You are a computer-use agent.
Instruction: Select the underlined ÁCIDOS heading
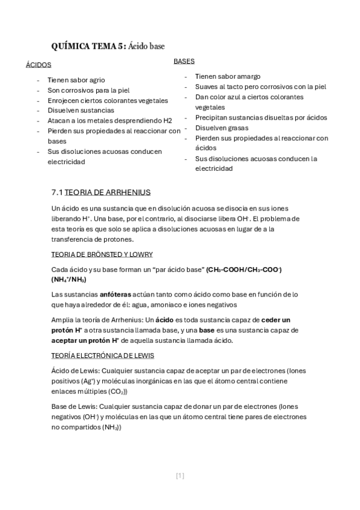(38, 64)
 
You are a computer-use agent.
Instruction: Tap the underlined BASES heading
(183, 61)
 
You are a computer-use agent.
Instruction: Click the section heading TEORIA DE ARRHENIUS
(108, 192)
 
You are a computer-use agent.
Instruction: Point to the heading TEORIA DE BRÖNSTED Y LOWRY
(102, 254)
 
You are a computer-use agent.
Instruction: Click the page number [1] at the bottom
(180, 476)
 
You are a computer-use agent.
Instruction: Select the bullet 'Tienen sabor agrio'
(76, 80)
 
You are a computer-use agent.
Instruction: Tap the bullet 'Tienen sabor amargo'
(227, 76)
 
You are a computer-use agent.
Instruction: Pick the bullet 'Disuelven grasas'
(221, 127)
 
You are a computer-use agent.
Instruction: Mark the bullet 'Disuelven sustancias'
(81, 111)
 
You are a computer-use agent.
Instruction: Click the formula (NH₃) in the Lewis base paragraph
(111, 428)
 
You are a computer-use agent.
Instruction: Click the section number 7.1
(58, 192)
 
